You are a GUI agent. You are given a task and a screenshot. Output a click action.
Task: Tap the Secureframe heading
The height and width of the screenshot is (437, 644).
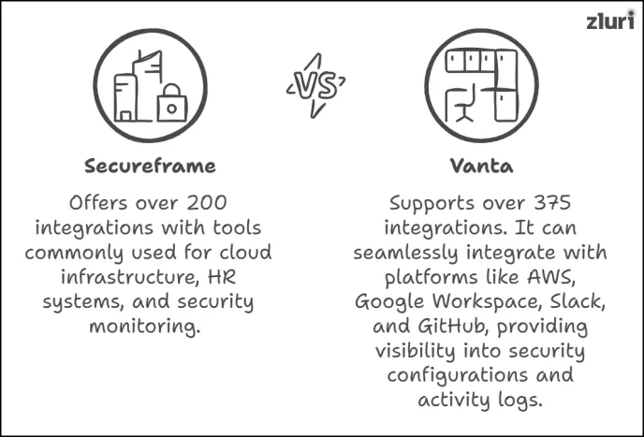(150, 167)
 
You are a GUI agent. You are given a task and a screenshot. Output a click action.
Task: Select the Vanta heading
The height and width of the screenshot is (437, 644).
(479, 167)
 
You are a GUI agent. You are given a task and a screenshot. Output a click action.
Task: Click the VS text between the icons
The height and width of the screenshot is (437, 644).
(316, 86)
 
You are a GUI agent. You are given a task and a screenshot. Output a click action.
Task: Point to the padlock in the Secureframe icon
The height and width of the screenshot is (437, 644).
(171, 105)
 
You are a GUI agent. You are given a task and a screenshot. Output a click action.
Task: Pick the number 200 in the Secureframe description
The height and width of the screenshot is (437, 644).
(202, 203)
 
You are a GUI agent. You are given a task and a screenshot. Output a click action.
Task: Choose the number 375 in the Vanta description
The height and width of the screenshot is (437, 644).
(545, 203)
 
